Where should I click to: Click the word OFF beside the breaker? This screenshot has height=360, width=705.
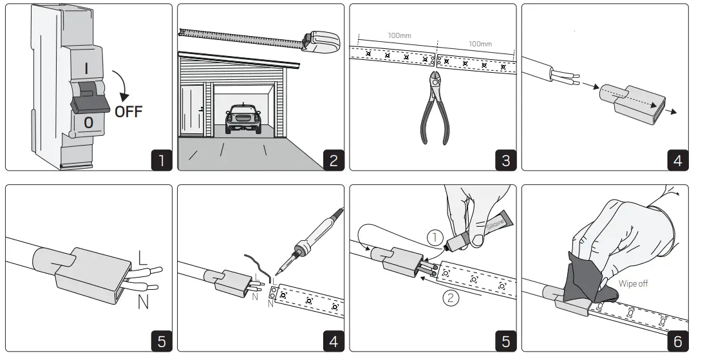click(x=129, y=111)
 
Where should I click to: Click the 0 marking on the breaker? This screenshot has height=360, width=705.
click(x=89, y=122)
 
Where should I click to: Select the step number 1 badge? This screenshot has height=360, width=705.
click(x=161, y=160)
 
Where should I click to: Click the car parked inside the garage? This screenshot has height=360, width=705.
click(x=243, y=119)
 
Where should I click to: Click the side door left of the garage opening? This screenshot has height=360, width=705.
click(x=193, y=111)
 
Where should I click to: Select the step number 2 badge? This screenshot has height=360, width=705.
click(x=333, y=160)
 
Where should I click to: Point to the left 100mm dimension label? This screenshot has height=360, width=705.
click(x=399, y=35)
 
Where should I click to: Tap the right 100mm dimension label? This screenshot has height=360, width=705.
click(x=480, y=44)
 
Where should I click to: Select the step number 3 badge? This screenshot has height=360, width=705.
click(x=505, y=160)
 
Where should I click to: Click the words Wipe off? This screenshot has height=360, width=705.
click(x=633, y=283)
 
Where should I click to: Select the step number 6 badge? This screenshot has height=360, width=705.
click(x=677, y=341)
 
